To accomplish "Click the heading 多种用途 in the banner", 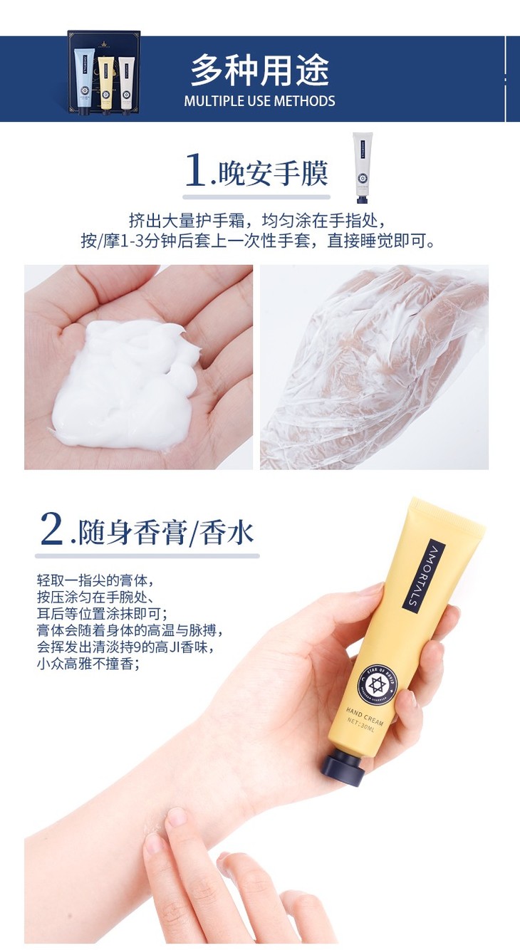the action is pyautogui.click(x=259, y=70).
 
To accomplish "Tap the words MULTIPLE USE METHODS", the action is pyautogui.click(x=259, y=101).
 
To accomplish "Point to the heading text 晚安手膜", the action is pyautogui.click(x=273, y=174).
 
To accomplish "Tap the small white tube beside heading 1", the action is pyautogui.click(x=363, y=168).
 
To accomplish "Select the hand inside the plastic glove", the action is pyautogui.click(x=373, y=367).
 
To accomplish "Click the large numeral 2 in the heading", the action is pyautogui.click(x=52, y=528).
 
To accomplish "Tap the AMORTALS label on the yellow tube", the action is pyautogui.click(x=423, y=575).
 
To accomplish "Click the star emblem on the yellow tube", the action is pyautogui.click(x=377, y=684).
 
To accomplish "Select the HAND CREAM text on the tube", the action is pyautogui.click(x=364, y=716).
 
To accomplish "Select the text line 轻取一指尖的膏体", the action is pyautogui.click(x=95, y=580).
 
